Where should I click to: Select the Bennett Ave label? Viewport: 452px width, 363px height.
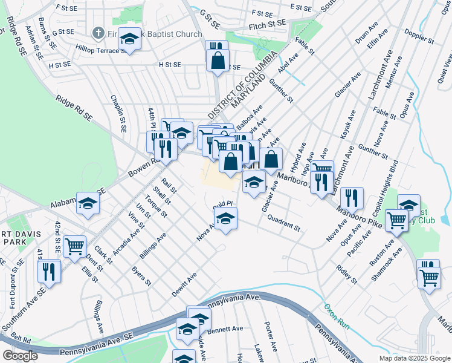coord(225,329)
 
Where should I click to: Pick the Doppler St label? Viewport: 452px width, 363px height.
coord(419,36)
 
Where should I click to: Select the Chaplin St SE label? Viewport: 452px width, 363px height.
coord(118,113)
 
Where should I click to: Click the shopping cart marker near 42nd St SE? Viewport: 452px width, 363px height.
coord(74,246)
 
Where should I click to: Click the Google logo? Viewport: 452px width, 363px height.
coord(21,356)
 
